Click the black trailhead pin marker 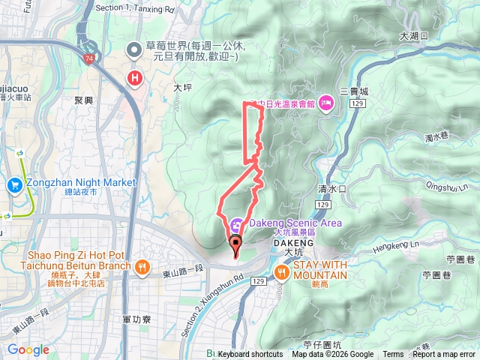235,244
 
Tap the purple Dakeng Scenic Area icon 236,223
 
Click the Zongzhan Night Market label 81,182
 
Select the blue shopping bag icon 15,184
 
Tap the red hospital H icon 136,78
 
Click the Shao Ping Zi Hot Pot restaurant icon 140,265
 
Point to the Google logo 28,349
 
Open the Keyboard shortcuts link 250,355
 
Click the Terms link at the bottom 393,355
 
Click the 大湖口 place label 413,35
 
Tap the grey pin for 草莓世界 135,50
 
